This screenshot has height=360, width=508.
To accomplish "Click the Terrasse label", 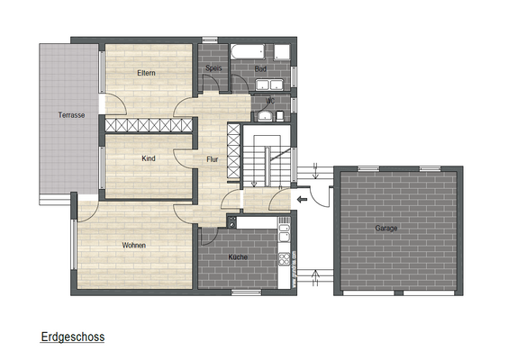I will (x=71, y=115).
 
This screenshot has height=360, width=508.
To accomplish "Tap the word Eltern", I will (x=148, y=73).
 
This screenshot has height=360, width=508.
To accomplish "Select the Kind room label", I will (x=149, y=158).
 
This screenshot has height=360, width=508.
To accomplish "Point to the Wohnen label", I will (x=134, y=245).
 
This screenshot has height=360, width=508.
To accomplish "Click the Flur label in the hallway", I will (x=212, y=159).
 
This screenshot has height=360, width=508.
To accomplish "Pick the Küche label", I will (x=238, y=256).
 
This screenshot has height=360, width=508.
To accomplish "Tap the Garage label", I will (x=386, y=228).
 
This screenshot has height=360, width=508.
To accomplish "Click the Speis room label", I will (x=213, y=68).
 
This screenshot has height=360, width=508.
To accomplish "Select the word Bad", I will (x=260, y=68).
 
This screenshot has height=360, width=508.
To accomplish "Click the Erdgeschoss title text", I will (x=73, y=337).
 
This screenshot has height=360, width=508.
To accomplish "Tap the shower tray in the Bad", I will (x=283, y=51).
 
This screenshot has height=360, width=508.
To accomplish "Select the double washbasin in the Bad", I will (x=269, y=85).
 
